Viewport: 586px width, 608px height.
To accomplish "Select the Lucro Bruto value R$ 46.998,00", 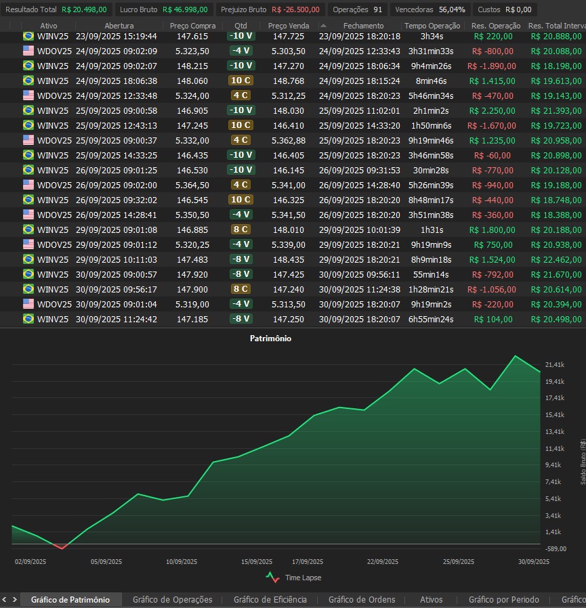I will point(185,9).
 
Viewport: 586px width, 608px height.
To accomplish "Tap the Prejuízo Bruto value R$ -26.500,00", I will point(295,9).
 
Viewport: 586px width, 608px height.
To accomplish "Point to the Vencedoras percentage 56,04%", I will point(452,9).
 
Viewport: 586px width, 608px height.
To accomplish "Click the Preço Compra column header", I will point(193,26).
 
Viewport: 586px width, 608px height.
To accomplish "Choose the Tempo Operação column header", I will point(432,26).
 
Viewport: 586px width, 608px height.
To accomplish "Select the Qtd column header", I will point(240,26).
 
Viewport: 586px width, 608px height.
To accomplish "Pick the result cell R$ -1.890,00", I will point(491,66).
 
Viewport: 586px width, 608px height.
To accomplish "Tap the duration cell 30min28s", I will point(432,170).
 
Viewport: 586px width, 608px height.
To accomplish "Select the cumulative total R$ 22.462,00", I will point(556,259).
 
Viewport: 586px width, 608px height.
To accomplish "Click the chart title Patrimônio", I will point(270,338).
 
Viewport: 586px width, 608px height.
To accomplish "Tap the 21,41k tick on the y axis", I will point(554,365).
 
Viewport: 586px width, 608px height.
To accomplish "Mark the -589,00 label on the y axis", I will point(555,549).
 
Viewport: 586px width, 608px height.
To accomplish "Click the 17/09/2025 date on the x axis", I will point(307,561).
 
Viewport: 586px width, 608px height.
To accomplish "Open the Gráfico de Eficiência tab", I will point(270,600).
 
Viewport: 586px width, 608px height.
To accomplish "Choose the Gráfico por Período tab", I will point(503,600).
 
